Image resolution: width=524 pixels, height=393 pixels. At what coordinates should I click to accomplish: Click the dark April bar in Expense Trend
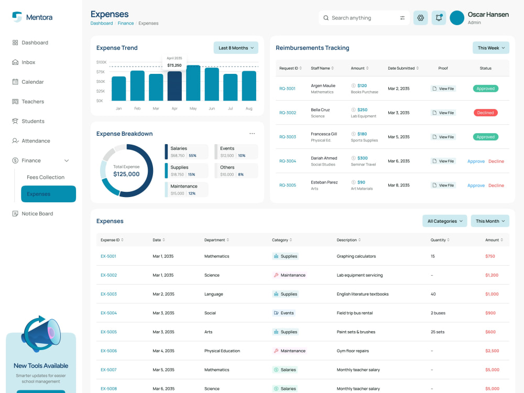click(174, 86)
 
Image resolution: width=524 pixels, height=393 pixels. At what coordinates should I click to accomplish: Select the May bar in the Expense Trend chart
click(193, 83)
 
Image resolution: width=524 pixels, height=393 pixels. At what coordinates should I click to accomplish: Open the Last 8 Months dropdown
click(236, 48)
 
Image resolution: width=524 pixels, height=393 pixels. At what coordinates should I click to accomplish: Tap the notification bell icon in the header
click(439, 18)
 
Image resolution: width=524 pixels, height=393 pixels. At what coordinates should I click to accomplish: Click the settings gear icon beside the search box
click(420, 18)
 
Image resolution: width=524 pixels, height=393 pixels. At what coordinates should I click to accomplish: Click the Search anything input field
click(364, 18)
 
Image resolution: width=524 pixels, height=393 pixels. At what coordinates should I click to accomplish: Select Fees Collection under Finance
click(46, 177)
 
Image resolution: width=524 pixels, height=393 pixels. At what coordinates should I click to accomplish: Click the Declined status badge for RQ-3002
click(486, 113)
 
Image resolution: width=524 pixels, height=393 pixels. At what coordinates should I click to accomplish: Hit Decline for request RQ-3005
click(496, 185)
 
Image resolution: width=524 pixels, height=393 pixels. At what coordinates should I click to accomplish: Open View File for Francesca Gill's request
click(443, 137)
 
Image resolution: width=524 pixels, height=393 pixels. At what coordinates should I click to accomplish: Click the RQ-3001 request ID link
click(287, 89)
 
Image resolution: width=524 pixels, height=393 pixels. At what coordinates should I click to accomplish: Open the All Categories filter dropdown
click(444, 221)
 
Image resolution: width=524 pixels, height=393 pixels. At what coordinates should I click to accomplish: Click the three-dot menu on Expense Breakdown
click(252, 134)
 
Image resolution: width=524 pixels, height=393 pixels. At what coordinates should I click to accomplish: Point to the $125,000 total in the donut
click(126, 174)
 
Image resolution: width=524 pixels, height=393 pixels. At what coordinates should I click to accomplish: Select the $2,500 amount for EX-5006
click(492, 351)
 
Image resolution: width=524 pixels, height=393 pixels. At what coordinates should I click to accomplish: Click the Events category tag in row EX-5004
click(283, 313)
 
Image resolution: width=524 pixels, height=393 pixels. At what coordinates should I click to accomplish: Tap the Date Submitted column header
click(403, 68)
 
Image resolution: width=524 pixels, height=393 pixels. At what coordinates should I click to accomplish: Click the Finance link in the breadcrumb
click(126, 24)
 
